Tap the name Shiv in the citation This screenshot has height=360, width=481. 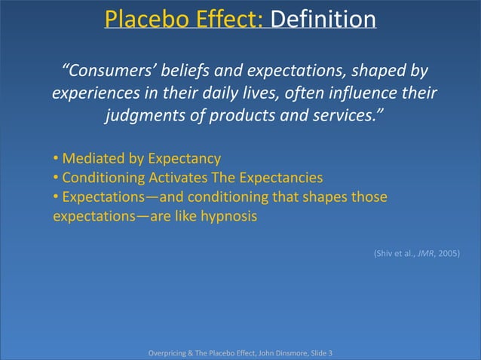coord(382,254)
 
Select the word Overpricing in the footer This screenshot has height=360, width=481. coord(170,352)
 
